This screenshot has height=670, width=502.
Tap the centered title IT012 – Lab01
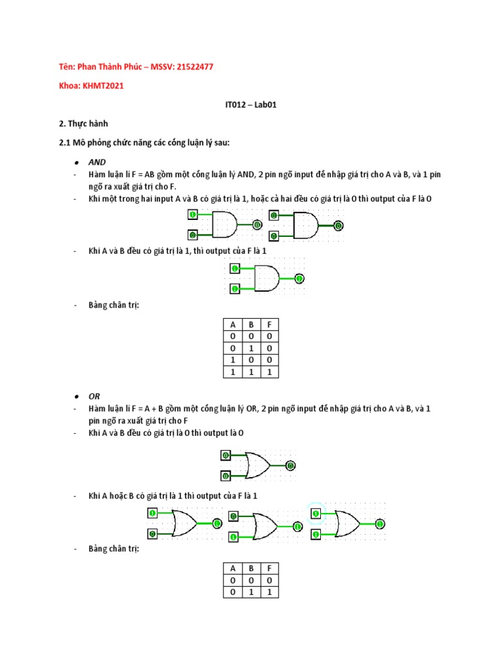[x=251, y=104]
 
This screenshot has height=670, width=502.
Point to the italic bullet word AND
[x=97, y=162]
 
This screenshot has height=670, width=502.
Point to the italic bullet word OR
[x=94, y=397]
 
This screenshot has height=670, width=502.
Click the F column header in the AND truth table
[x=269, y=325]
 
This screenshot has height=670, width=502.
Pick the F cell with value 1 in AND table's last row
[x=269, y=372]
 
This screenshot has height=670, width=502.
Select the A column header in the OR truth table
[x=232, y=568]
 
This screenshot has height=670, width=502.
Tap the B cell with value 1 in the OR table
[x=250, y=591]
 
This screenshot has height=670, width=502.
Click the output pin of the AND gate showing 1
[x=299, y=279]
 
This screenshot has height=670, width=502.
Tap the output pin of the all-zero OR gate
[x=291, y=466]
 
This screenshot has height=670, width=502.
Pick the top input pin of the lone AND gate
[x=234, y=268]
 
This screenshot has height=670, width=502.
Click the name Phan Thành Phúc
[x=105, y=66]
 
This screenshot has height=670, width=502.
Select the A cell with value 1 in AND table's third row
[x=232, y=360]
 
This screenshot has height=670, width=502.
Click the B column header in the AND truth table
[x=250, y=325]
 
